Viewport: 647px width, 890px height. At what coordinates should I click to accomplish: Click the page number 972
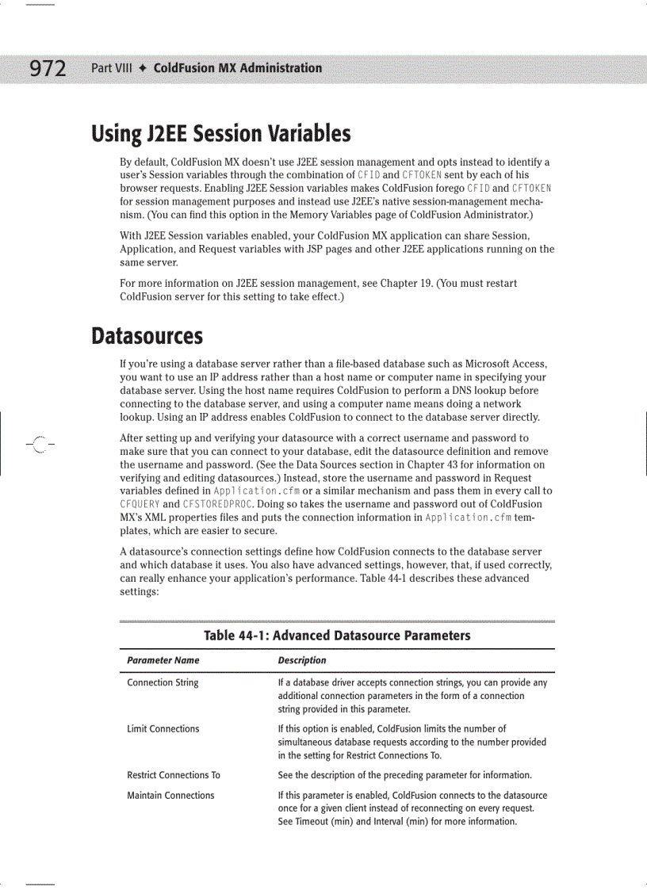[x=48, y=69]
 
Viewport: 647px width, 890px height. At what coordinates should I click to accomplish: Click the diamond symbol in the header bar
[x=143, y=68]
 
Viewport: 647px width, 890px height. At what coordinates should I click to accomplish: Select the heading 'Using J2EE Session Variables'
[x=221, y=133]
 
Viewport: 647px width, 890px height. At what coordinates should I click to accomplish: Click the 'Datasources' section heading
[x=147, y=336]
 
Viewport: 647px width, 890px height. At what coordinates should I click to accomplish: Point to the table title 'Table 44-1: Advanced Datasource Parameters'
[x=337, y=636]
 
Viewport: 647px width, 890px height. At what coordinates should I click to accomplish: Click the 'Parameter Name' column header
[x=163, y=660]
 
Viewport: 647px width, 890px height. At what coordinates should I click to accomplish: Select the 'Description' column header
[x=301, y=660]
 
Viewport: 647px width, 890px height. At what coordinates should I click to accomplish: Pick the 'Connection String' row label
[x=163, y=683]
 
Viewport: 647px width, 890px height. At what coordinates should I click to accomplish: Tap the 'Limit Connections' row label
[x=163, y=729]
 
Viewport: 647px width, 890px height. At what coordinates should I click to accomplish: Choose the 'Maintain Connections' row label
[x=170, y=796]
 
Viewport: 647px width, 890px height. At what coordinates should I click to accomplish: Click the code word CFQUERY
[x=140, y=504]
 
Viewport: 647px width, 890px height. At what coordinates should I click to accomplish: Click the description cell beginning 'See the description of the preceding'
[x=404, y=775]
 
